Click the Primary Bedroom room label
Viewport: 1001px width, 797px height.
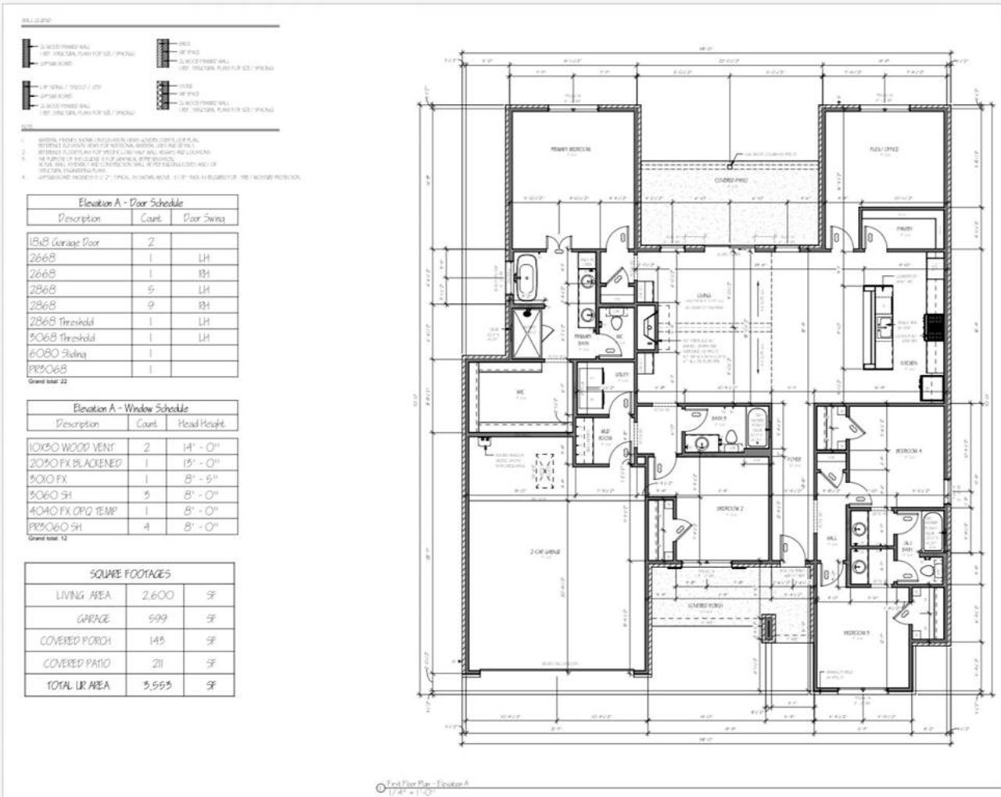(x=570, y=148)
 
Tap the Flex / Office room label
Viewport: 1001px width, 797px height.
(x=884, y=149)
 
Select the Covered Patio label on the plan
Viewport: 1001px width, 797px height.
(x=730, y=180)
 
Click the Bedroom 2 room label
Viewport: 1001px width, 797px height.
(x=729, y=509)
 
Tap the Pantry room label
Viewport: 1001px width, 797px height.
(x=904, y=229)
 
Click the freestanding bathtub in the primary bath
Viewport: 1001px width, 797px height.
(x=525, y=277)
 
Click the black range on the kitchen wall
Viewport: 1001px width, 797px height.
(x=934, y=327)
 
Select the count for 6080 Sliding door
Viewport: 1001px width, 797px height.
(x=151, y=353)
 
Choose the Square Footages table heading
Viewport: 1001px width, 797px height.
(x=130, y=574)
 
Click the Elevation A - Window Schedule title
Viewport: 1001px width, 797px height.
(x=131, y=408)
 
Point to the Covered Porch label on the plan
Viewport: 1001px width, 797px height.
(x=705, y=606)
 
